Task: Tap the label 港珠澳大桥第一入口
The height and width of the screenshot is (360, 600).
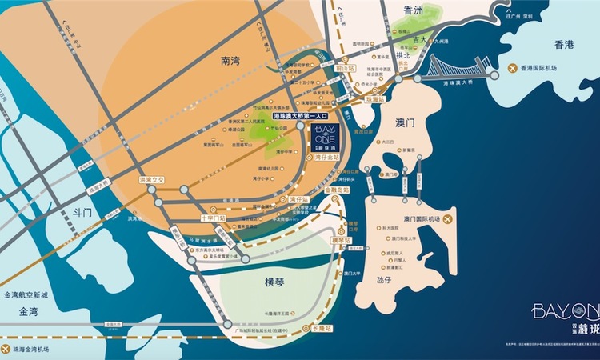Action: click(305, 117)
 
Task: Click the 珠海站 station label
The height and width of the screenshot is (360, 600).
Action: click(375, 98)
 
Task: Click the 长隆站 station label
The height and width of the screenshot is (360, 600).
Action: click(320, 328)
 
